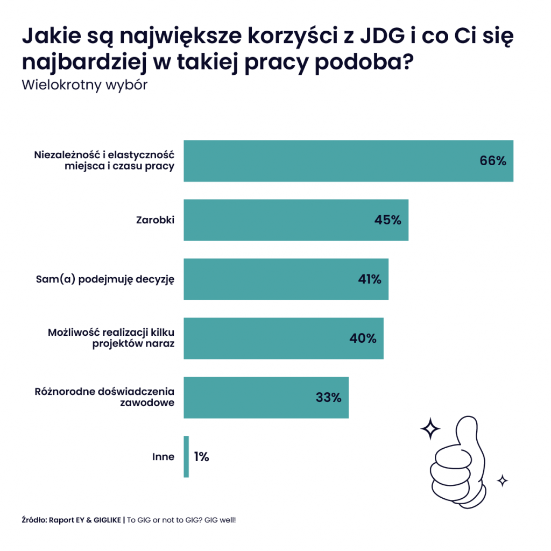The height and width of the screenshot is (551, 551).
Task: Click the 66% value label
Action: point(493,161)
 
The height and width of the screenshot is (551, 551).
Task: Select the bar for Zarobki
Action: point(296,220)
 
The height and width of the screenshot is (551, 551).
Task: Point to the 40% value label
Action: point(363,338)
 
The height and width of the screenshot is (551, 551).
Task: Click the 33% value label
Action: point(328,398)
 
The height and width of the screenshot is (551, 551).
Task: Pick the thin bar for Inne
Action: point(186,456)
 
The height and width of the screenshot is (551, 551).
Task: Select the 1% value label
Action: point(201,457)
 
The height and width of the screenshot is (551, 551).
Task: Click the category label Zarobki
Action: point(155,220)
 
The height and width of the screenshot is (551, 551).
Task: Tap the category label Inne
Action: point(164,457)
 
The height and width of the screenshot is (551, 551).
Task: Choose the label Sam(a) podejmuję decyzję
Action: point(105,279)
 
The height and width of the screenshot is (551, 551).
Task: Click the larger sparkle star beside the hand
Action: point(430,428)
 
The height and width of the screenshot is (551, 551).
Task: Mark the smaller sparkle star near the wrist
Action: point(502,480)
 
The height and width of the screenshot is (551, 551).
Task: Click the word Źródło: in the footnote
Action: point(34,520)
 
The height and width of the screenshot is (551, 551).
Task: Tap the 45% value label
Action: point(388,220)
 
